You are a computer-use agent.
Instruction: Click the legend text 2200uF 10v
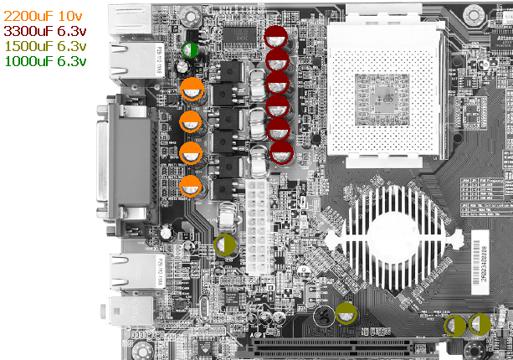click(44, 16)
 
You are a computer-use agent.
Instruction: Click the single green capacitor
click(190, 50)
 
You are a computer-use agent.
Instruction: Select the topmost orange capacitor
click(192, 90)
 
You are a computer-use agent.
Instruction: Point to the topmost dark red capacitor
click(277, 37)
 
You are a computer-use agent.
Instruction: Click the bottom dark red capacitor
click(282, 152)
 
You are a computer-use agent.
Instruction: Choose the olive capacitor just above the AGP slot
click(346, 315)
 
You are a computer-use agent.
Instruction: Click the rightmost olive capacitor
click(480, 324)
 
